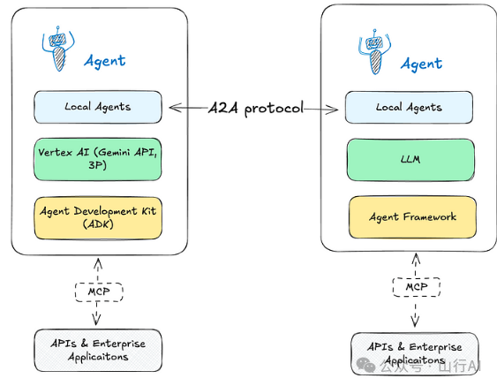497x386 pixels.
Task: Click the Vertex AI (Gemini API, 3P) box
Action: pyautogui.click(x=98, y=159)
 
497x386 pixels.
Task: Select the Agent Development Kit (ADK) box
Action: pyautogui.click(x=98, y=218)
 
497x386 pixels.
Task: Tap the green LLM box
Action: pyautogui.click(x=410, y=160)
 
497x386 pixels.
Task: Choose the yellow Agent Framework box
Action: pyautogui.click(x=412, y=217)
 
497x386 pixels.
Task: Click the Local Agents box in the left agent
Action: pyautogui.click(x=98, y=107)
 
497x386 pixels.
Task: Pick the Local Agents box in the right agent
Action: pyautogui.click(x=409, y=107)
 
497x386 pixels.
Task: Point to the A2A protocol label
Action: pyautogui.click(x=256, y=108)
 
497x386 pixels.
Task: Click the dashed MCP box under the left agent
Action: pyautogui.click(x=99, y=291)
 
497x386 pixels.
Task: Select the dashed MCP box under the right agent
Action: pyautogui.click(x=417, y=287)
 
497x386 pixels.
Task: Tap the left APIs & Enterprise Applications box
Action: pyautogui.click(x=98, y=350)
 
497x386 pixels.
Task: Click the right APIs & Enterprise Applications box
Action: pyautogui.click(x=415, y=353)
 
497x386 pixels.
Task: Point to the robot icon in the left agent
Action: pyautogui.click(x=58, y=49)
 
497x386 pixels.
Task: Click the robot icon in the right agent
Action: pyautogui.click(x=374, y=52)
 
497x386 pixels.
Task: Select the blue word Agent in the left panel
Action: pyautogui.click(x=105, y=61)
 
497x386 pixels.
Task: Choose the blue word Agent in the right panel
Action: pyautogui.click(x=421, y=64)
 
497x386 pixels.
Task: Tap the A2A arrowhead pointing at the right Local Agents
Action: pyautogui.click(x=333, y=110)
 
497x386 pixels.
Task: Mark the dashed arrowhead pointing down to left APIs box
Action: pyautogui.click(x=96, y=320)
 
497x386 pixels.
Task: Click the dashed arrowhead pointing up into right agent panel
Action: pyautogui.click(x=416, y=259)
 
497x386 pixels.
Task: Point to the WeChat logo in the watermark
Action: pyautogui.click(x=365, y=365)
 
